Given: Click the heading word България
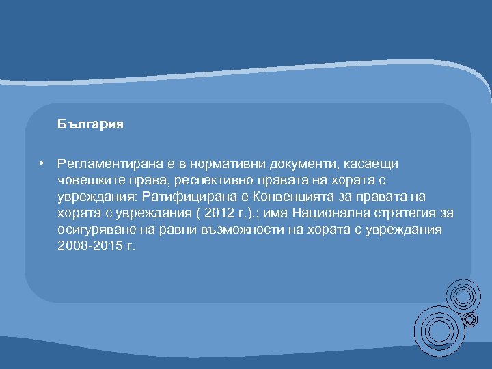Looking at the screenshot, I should click(90, 125).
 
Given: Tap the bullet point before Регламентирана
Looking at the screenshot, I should click(42, 163).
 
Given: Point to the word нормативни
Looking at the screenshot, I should click(221, 164).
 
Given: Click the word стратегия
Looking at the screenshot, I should click(402, 213).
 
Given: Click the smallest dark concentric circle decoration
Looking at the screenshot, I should click(471, 319).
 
